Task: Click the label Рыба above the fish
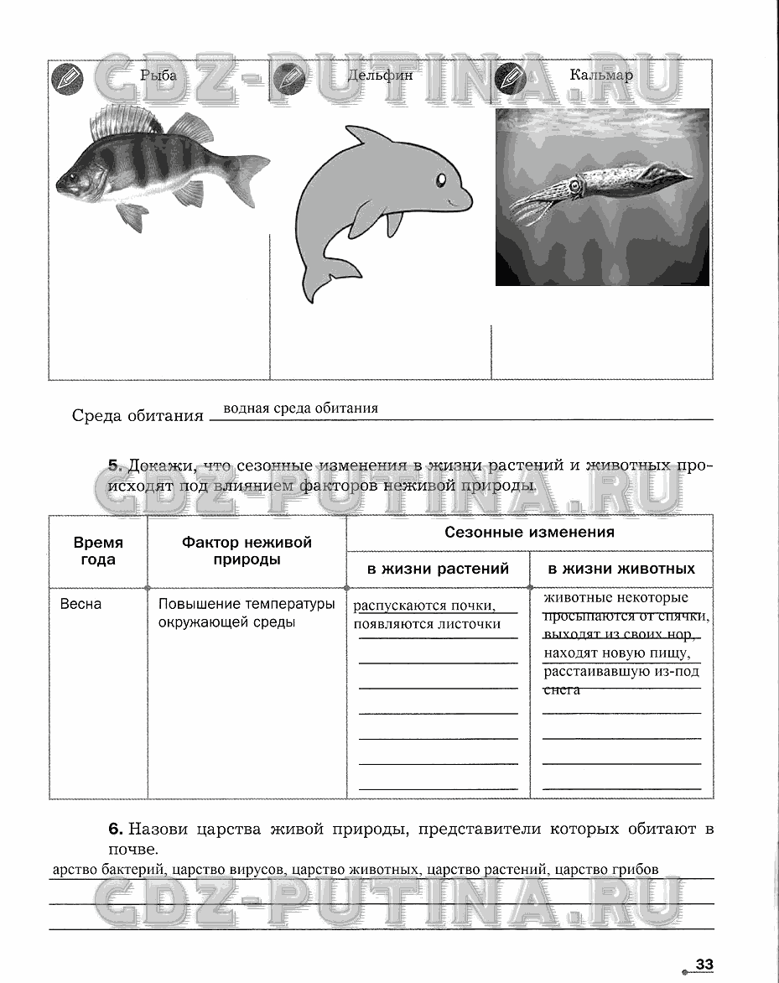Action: click(x=158, y=75)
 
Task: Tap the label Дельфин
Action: click(x=380, y=75)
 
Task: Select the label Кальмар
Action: click(x=601, y=75)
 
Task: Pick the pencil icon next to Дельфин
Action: click(x=287, y=80)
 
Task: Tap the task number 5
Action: click(x=116, y=466)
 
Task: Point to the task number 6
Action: click(x=116, y=830)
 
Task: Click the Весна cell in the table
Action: click(x=80, y=604)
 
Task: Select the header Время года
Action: click(x=98, y=551)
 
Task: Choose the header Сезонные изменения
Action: click(x=529, y=533)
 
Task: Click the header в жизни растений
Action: click(x=438, y=569)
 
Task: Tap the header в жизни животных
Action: click(x=621, y=569)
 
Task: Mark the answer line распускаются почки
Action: click(x=423, y=606)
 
